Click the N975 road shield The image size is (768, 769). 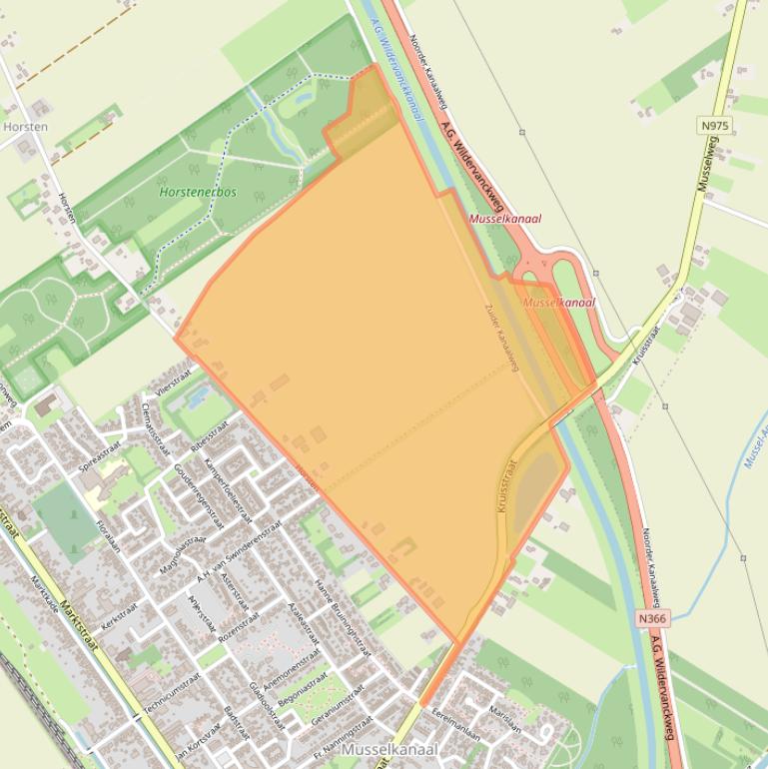click(x=714, y=126)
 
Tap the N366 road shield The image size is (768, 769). click(x=651, y=619)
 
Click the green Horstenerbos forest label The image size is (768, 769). click(x=198, y=192)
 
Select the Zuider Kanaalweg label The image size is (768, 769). click(x=501, y=338)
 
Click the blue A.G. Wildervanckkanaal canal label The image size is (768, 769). click(x=397, y=70)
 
